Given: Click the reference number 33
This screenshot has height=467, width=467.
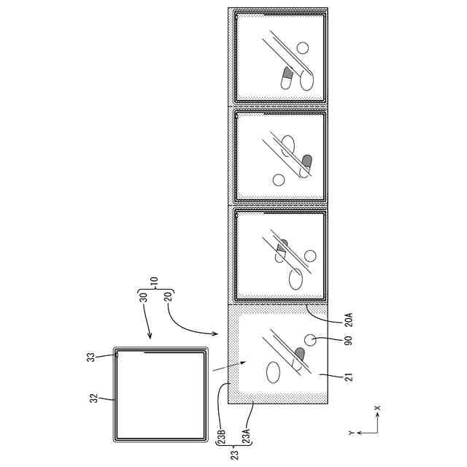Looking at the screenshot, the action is (x=92, y=357).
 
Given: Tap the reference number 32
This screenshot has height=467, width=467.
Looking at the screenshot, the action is (x=94, y=398).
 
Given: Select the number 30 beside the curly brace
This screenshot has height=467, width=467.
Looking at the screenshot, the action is (x=144, y=298).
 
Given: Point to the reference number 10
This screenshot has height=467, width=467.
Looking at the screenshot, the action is (x=154, y=282).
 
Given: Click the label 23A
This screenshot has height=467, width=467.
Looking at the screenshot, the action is (x=247, y=437).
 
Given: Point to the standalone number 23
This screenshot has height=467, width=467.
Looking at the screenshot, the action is (x=235, y=455).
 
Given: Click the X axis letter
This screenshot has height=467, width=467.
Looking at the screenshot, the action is (x=377, y=407).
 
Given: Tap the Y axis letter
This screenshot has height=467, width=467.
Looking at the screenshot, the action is (x=352, y=433).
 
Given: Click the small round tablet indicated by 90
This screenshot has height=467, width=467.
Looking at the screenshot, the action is (x=310, y=340).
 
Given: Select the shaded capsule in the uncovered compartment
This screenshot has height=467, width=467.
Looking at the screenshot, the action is (x=298, y=358).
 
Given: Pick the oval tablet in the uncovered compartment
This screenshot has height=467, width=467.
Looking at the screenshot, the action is (x=273, y=372).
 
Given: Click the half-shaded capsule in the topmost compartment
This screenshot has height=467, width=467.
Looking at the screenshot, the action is (x=287, y=78).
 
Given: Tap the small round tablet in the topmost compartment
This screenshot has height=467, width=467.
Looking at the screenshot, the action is (x=303, y=47).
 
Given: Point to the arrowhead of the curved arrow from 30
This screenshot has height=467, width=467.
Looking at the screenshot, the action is (x=150, y=336).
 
